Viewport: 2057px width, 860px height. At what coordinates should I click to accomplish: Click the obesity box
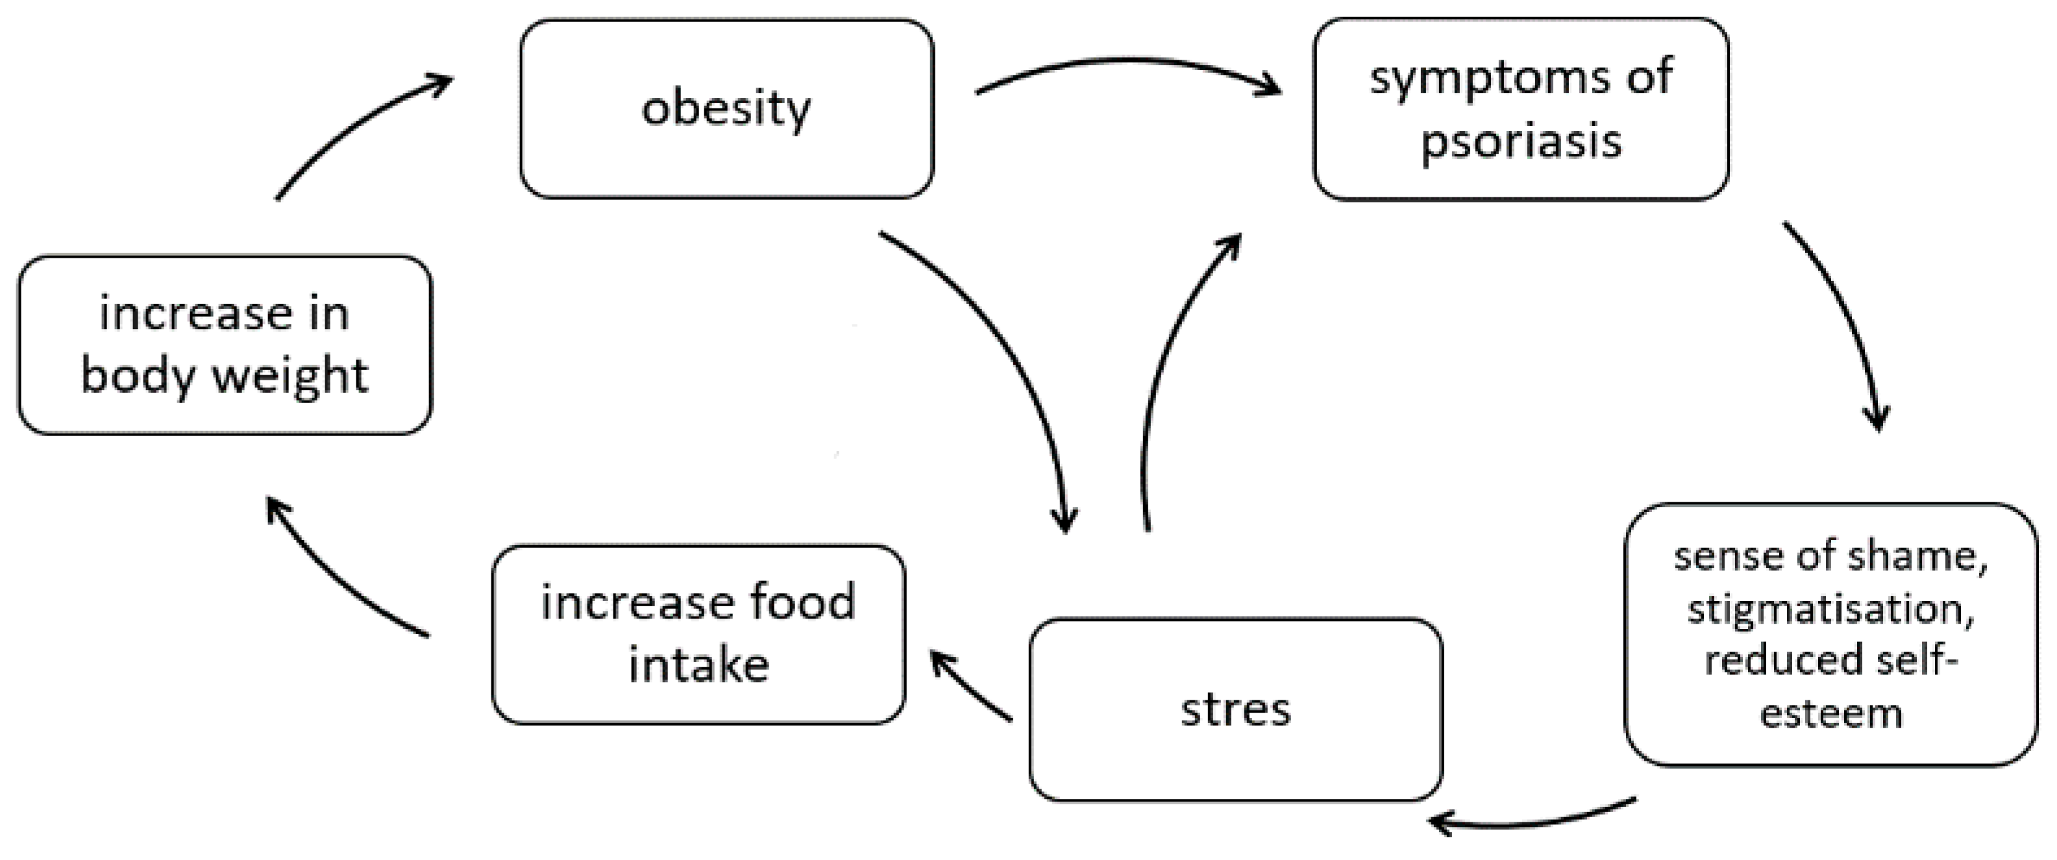(726, 108)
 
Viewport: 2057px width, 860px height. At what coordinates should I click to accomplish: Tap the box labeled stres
(1235, 709)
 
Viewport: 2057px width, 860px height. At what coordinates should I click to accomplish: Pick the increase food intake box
(698, 635)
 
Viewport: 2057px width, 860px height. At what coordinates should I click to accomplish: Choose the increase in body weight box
(225, 345)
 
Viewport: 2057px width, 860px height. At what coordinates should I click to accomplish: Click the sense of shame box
(1830, 635)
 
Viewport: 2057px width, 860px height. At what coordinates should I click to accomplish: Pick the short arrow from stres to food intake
(970, 687)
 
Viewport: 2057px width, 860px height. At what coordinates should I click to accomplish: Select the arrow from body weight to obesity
(351, 128)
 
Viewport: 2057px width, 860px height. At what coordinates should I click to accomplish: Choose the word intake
(698, 665)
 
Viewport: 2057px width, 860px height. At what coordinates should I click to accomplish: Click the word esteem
(1830, 713)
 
